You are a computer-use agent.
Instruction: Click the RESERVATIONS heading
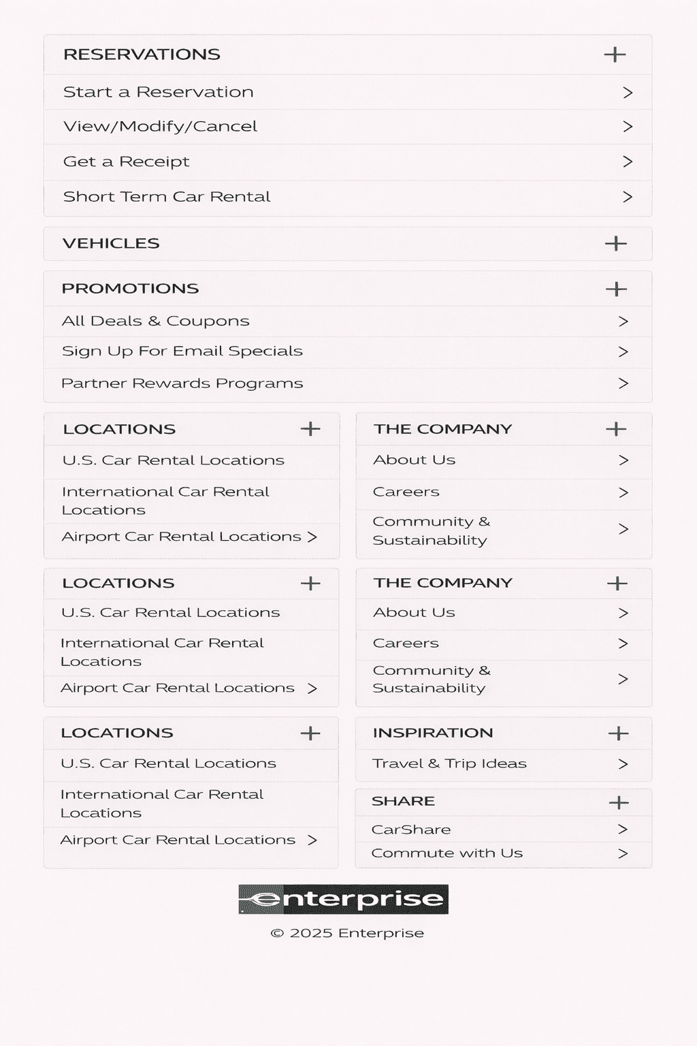coord(142,54)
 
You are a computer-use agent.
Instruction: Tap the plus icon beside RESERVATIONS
coord(615,54)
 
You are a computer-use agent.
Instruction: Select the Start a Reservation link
coord(158,92)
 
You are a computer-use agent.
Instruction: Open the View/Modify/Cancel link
coord(160,127)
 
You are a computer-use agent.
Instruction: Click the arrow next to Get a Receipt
coord(628,162)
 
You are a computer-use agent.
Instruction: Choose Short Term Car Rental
coord(167,197)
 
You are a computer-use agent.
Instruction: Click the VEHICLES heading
coord(111,244)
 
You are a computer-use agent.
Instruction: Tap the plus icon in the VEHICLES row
coord(615,244)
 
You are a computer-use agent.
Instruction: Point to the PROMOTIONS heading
coord(130,289)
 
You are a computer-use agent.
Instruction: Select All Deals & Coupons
coord(155,321)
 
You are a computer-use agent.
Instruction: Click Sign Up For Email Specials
coord(182,351)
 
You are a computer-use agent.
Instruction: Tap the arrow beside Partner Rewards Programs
coord(623,383)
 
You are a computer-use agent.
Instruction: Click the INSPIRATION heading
coord(432,733)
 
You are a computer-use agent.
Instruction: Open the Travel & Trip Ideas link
coord(449,764)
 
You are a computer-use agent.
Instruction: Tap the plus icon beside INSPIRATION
coord(618,733)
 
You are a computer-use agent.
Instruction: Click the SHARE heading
coord(403,802)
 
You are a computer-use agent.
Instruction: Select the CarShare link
coord(411,829)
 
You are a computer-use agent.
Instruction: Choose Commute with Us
coord(447,853)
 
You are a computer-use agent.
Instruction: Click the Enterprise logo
coord(343,899)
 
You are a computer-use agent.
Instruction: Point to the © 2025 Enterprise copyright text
coord(347,933)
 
